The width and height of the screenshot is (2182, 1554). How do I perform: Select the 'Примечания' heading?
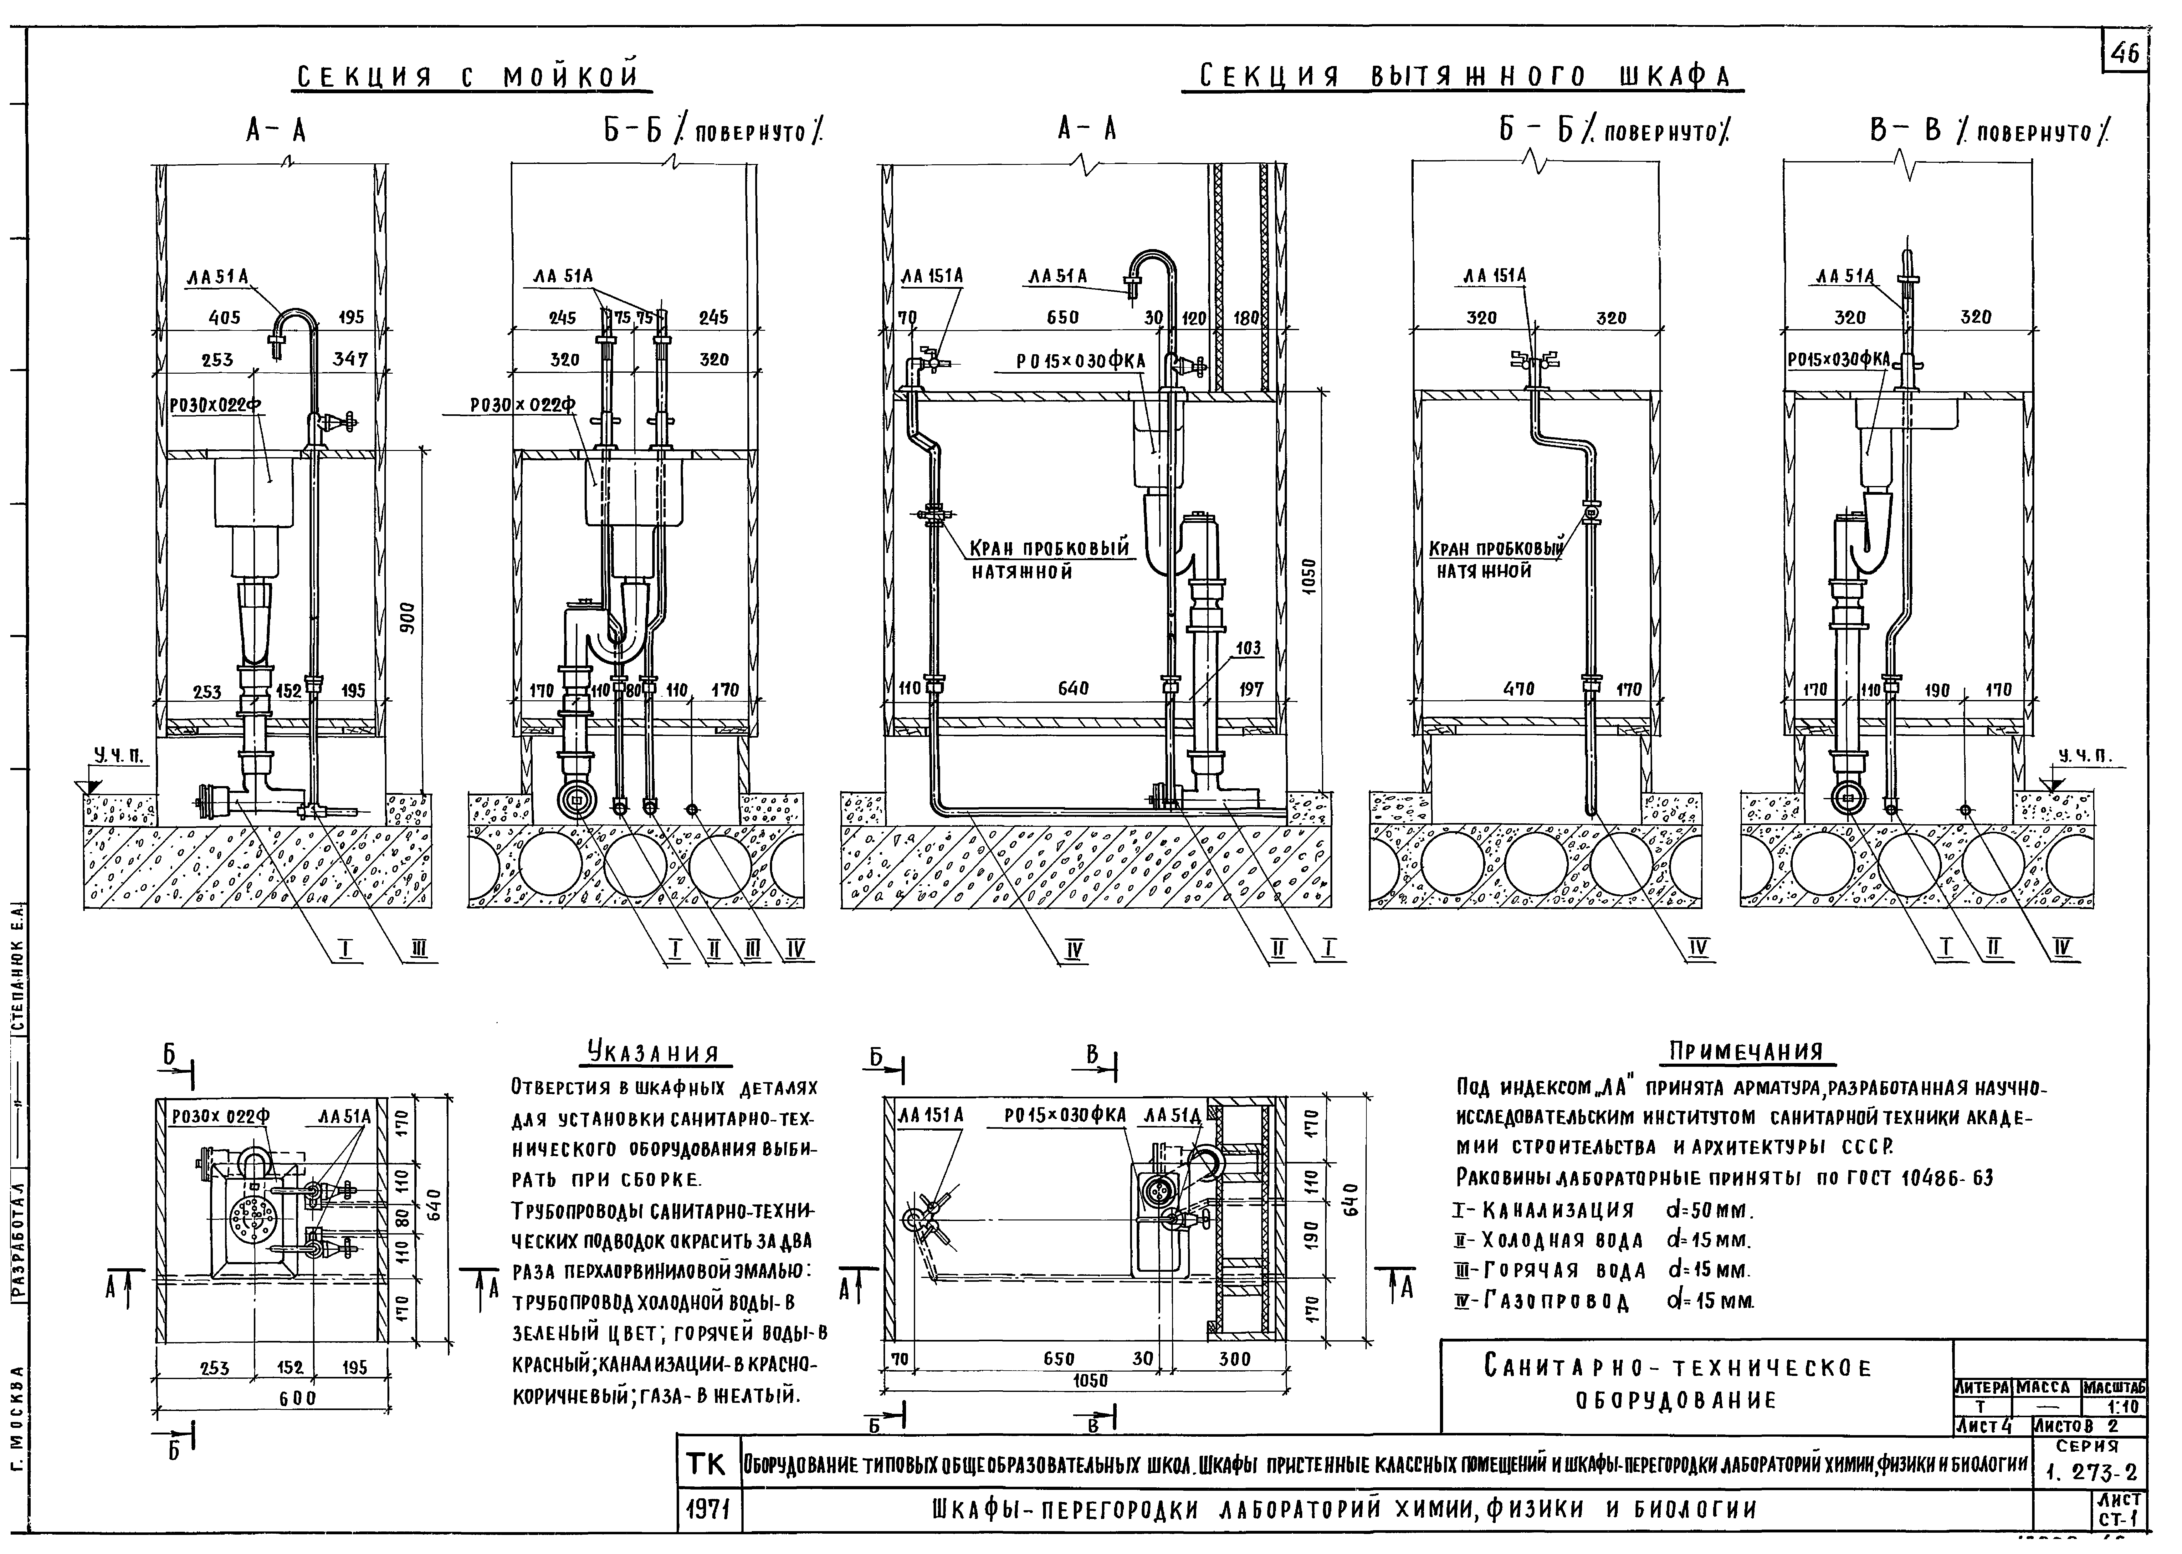click(x=1751, y=1051)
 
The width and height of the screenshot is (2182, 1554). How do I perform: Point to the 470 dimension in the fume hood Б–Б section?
click(x=1519, y=689)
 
